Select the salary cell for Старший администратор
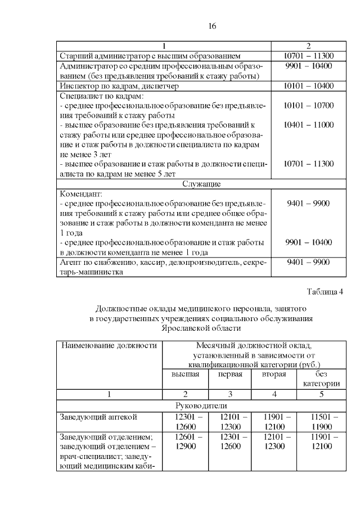pos(309,56)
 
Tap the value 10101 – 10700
pos(309,105)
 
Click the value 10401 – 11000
pos(309,125)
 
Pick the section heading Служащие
pos(200,184)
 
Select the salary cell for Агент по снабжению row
pos(309,262)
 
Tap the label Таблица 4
pos(325,291)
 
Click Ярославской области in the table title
pos(201,327)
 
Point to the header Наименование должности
pos(109,344)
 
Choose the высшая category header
pos(185,374)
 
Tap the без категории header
pos(321,379)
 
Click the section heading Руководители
pos(200,406)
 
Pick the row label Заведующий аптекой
pos(98,417)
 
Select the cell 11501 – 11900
pos(321,422)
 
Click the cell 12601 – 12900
pos(185,442)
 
